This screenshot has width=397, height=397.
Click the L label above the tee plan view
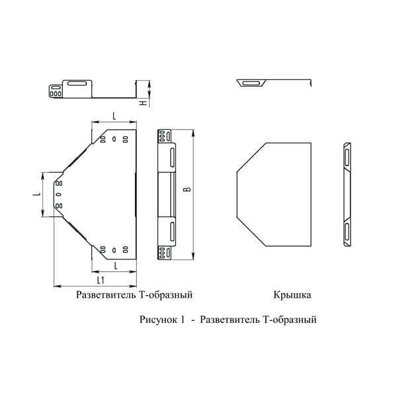pyautogui.click(x=114, y=116)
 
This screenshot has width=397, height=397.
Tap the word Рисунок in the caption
pyautogui.click(x=157, y=320)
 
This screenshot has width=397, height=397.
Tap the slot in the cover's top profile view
pyautogui.click(x=251, y=84)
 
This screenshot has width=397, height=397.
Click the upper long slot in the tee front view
pyautogui.click(x=171, y=159)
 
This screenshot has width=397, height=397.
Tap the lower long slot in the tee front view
pyautogui.click(x=171, y=232)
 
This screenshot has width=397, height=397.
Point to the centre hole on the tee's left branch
pyautogui.click(x=58, y=195)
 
